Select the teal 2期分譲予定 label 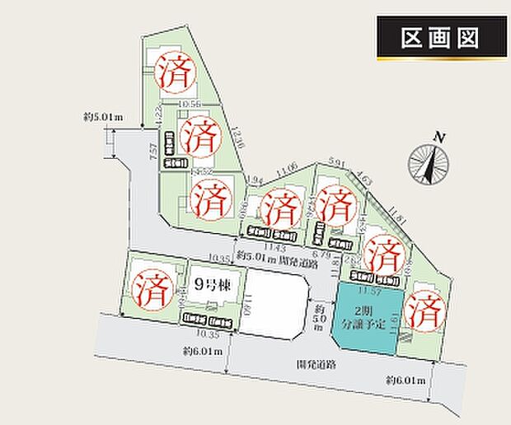tap(364, 317)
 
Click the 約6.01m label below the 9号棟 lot tap(203, 351)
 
